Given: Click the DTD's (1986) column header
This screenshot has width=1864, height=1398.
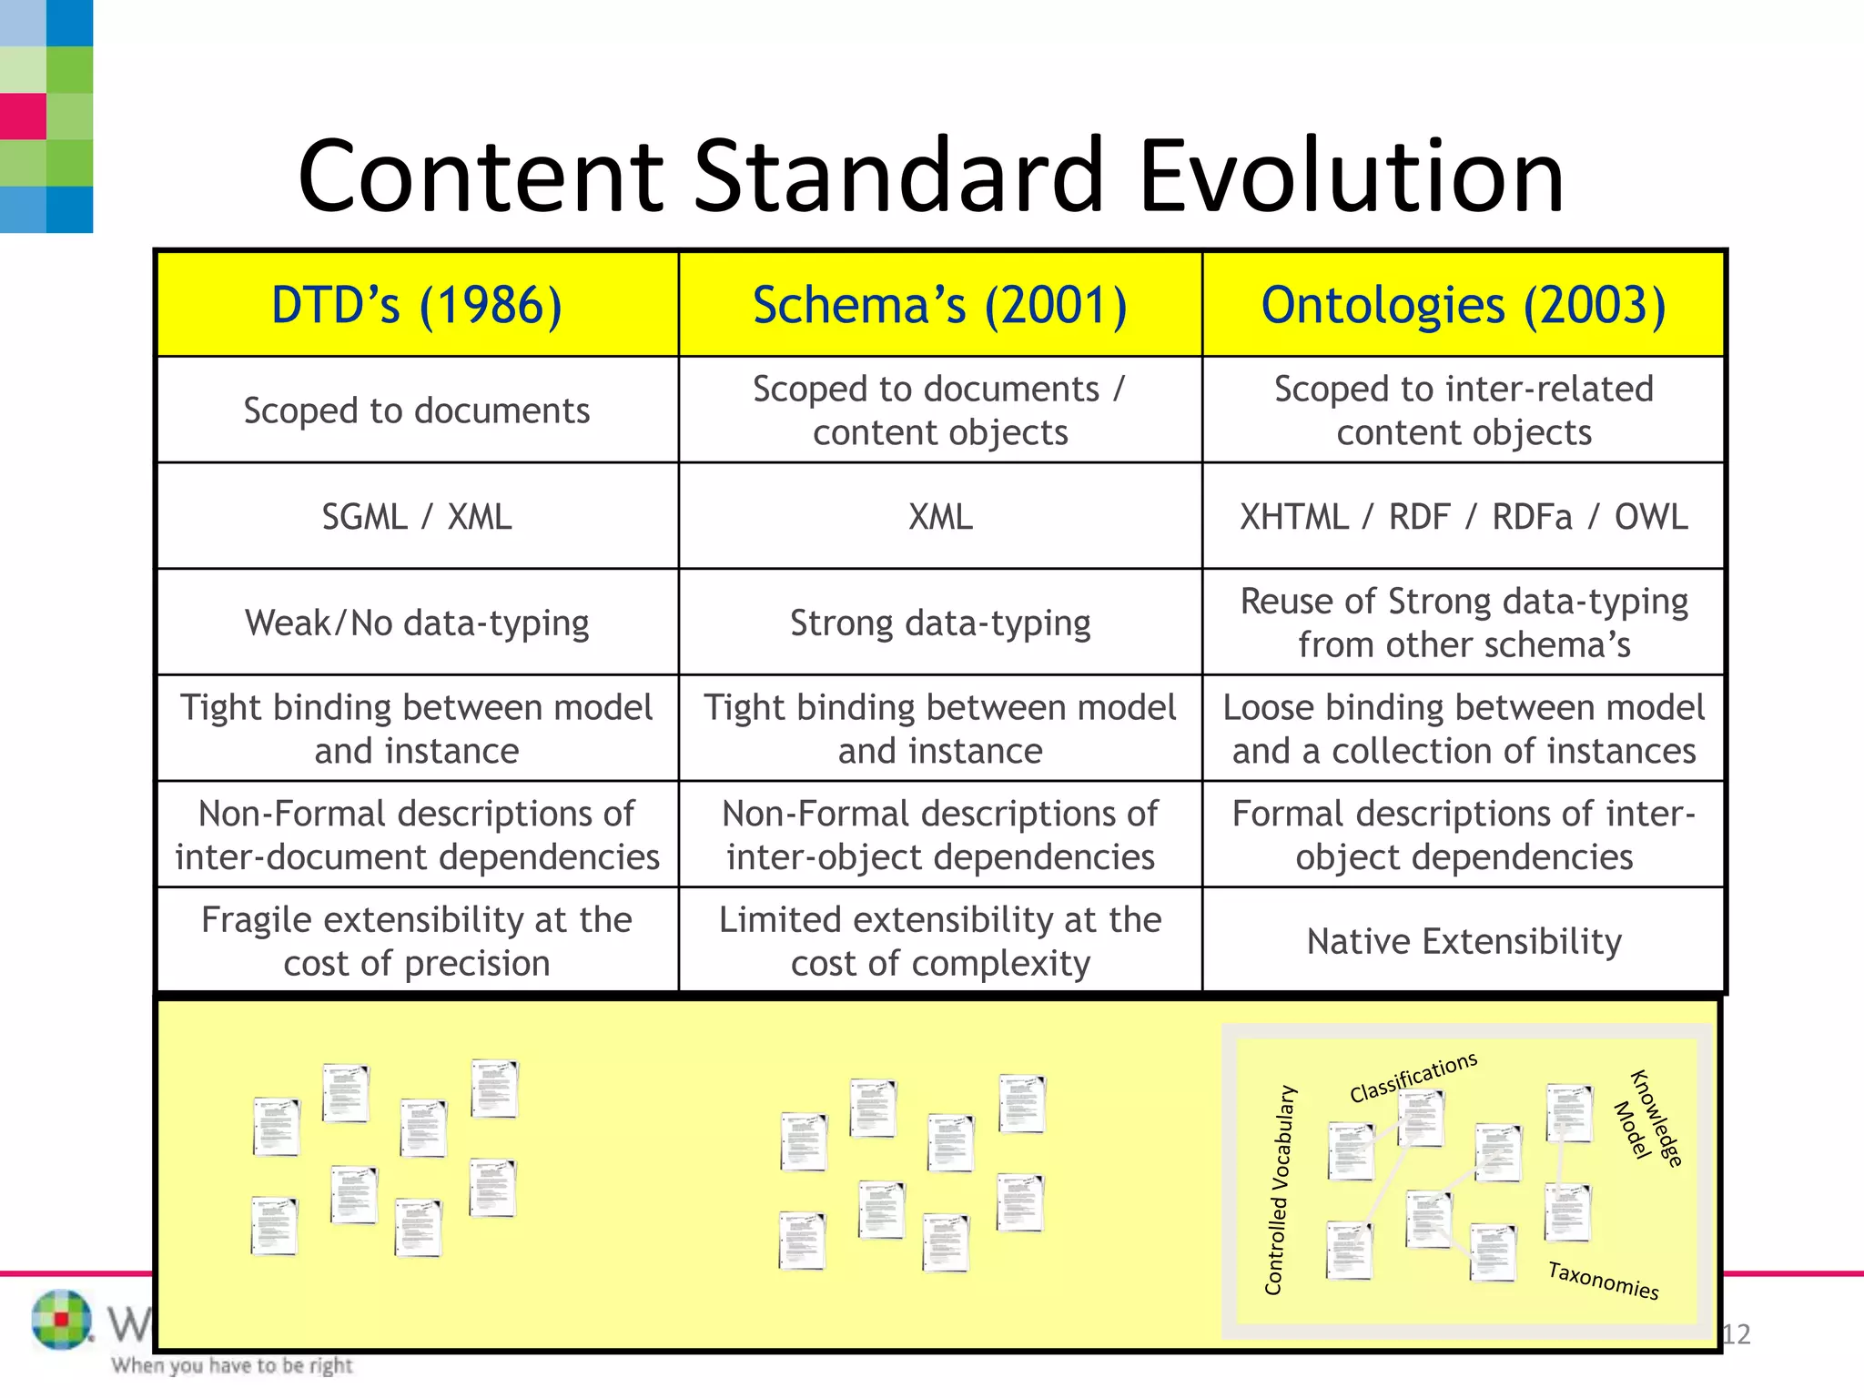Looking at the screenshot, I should (x=417, y=305).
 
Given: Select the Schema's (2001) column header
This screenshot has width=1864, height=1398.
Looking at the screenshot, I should (x=940, y=305).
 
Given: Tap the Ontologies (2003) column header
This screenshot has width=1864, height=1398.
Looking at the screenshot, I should (x=1464, y=305).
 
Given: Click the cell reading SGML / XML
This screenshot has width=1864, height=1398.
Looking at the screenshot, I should (x=417, y=517).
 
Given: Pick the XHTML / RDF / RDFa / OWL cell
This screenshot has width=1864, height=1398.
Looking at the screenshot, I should (x=1464, y=517).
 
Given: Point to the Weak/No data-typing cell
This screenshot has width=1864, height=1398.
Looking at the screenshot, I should (x=417, y=623).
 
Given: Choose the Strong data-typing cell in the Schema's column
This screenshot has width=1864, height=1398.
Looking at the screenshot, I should (x=940, y=623).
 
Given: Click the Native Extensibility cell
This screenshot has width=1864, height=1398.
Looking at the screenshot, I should (x=1464, y=941).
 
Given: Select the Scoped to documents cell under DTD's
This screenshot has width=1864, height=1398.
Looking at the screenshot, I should (x=417, y=410).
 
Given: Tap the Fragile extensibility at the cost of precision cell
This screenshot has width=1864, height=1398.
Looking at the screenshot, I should (x=417, y=941).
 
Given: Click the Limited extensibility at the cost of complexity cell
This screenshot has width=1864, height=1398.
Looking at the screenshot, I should (x=940, y=941).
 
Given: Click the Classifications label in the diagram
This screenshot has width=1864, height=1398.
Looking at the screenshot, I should (x=1413, y=1077).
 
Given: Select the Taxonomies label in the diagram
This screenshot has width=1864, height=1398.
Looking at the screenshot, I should (x=1604, y=1281).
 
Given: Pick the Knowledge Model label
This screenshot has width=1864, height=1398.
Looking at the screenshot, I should (x=1647, y=1117).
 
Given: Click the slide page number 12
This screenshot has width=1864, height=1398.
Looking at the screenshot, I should (x=1737, y=1334).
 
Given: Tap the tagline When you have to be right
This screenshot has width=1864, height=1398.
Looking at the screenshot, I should (x=232, y=1365).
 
